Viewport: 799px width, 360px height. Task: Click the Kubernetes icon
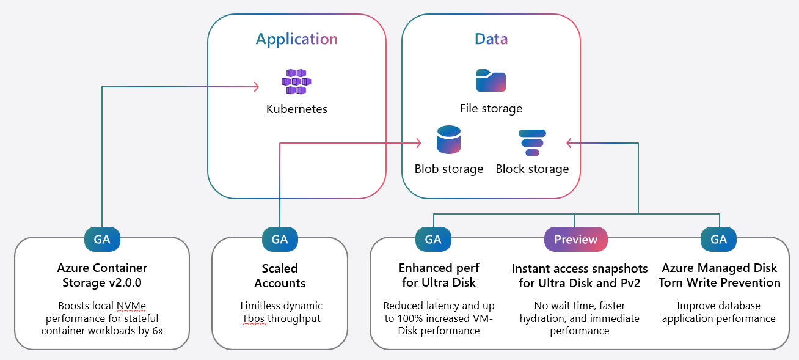[296, 81]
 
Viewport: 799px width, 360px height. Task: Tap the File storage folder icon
[491, 81]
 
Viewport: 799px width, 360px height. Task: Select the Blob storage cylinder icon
[449, 140]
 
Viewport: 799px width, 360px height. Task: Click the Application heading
[296, 39]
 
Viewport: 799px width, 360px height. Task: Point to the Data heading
[491, 39]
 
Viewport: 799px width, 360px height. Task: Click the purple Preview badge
[575, 240]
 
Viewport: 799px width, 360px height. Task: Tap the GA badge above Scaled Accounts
[280, 240]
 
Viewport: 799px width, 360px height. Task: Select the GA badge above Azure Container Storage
[102, 240]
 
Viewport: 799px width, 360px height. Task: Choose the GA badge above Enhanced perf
[433, 240]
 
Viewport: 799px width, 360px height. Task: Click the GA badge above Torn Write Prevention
[719, 240]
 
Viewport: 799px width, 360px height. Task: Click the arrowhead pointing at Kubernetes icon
[257, 87]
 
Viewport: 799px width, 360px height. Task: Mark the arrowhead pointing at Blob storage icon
[419, 143]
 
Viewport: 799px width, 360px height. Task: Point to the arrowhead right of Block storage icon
[569, 143]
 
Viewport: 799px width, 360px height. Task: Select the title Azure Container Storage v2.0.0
[102, 275]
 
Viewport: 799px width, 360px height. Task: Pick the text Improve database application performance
[719, 312]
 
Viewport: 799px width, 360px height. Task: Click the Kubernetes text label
[296, 109]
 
